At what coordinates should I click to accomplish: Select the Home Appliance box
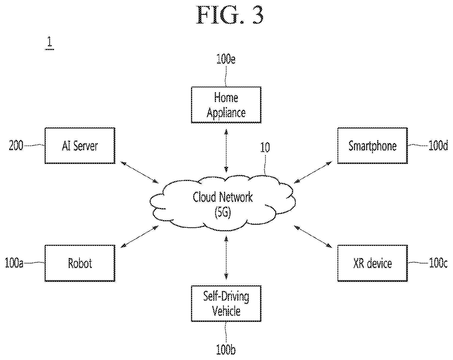point(226,105)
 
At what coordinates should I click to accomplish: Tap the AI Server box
point(80,146)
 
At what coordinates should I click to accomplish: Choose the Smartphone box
point(373,146)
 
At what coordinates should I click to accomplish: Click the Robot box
point(80,263)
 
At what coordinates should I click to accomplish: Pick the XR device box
point(373,263)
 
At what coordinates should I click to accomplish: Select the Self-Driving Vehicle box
point(226,303)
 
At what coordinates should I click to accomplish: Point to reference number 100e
point(226,60)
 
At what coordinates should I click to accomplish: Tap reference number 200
point(16,146)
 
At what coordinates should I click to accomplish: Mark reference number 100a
point(14,263)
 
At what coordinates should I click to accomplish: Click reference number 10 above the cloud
point(265,148)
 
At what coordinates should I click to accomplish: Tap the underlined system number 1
point(50,43)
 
